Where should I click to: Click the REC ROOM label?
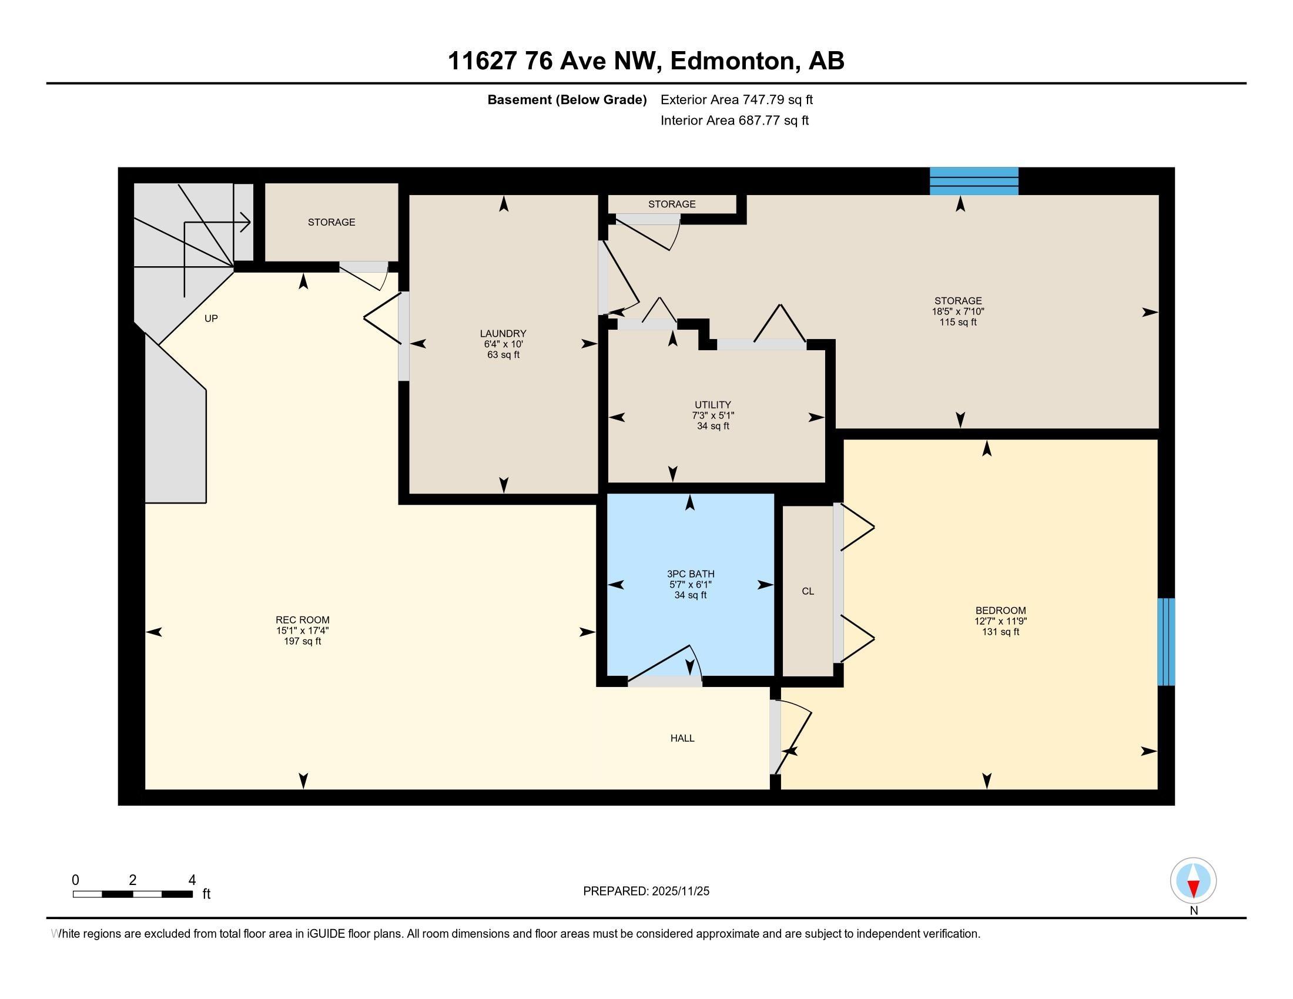tap(303, 619)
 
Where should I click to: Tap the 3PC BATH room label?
tap(691, 574)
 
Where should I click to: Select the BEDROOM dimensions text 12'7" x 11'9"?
tap(1000, 621)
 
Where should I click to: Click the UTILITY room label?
tap(713, 405)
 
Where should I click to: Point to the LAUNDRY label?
tap(503, 333)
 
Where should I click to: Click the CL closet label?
tap(808, 591)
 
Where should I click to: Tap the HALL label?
tap(682, 738)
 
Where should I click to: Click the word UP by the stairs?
tap(211, 319)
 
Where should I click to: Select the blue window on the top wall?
tap(974, 181)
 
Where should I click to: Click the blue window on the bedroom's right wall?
tap(1165, 642)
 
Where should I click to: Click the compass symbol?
tap(1193, 881)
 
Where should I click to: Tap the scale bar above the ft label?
tap(133, 894)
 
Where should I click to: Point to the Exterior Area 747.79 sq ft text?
tap(736, 99)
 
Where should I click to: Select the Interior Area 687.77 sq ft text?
tap(734, 120)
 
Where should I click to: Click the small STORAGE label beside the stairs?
tap(331, 222)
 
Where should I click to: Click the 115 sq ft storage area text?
tap(958, 322)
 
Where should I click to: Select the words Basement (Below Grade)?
tap(567, 99)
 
